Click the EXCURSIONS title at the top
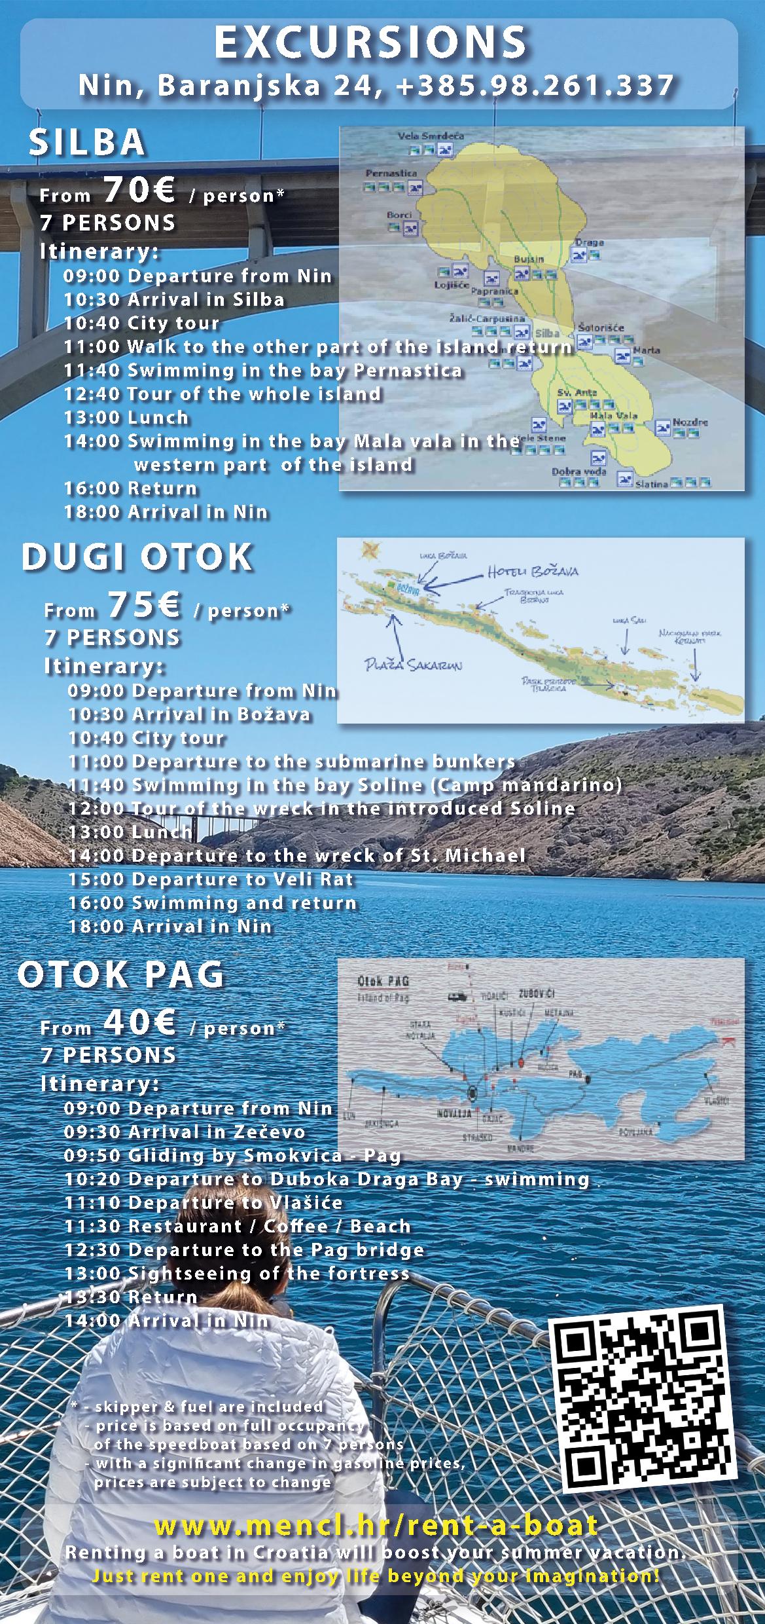(370, 43)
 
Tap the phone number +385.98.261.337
(535, 86)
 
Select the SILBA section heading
(86, 142)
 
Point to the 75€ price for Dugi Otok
(144, 605)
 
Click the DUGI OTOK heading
(137, 557)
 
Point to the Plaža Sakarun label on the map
(413, 666)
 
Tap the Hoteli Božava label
(533, 572)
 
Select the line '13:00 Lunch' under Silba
(126, 417)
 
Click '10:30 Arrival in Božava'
(189, 714)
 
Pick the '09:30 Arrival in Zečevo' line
(185, 1132)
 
